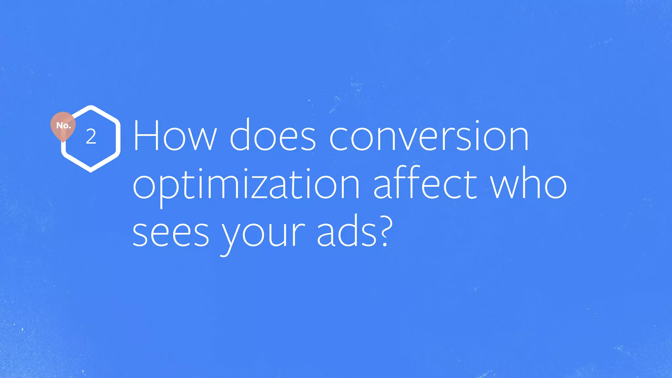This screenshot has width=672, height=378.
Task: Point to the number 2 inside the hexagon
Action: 91,137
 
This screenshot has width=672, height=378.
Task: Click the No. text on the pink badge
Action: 63,125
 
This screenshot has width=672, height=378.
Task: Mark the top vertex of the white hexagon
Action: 91,107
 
